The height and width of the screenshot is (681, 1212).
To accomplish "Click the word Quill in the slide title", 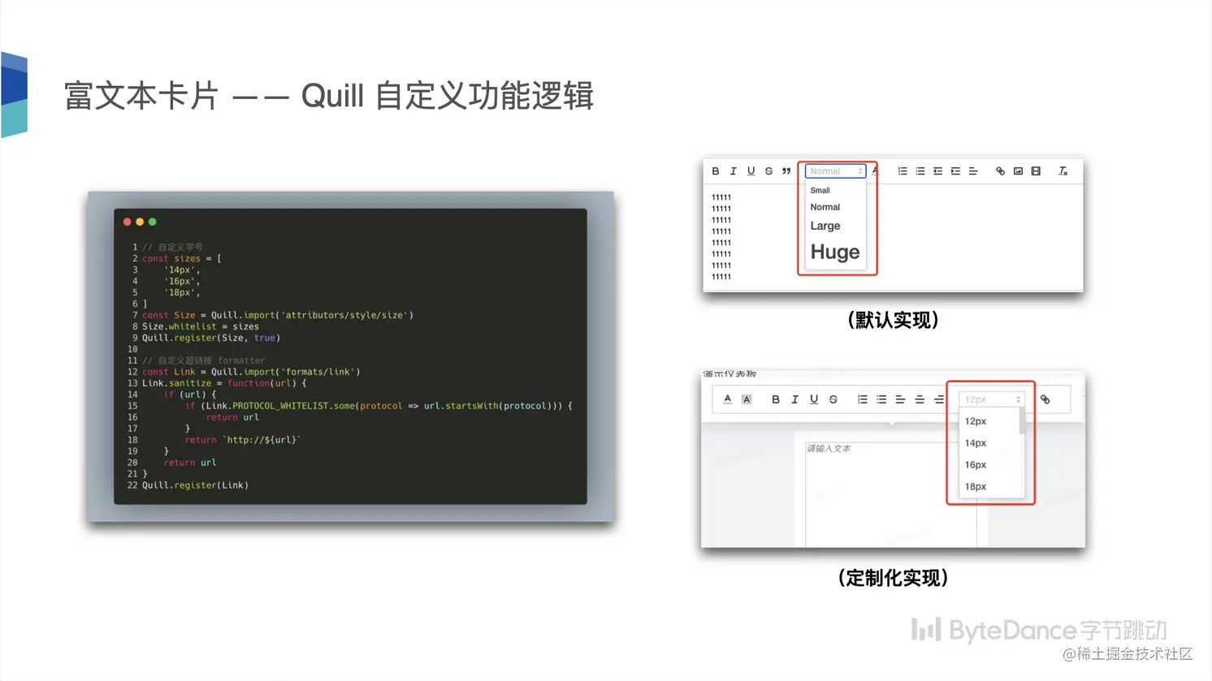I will tap(332, 96).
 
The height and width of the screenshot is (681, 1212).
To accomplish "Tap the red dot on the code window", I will tap(127, 222).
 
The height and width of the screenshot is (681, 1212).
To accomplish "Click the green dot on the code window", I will tap(152, 222).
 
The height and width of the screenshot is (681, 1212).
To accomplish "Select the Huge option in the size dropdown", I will tap(834, 252).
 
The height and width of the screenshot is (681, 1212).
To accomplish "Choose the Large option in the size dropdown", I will tap(825, 226).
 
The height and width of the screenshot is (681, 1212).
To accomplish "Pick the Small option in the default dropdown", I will tap(820, 190).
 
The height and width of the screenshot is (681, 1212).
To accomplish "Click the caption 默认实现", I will tap(893, 320).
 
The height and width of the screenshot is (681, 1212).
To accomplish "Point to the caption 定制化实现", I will tap(893, 578).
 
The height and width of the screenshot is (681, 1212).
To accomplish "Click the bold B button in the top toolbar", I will tap(716, 171).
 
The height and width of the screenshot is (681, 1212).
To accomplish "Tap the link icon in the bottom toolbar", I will tap(1045, 399).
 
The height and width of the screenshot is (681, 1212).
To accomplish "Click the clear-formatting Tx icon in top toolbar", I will tap(1063, 171).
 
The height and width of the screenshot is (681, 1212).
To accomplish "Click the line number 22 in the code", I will tap(132, 485).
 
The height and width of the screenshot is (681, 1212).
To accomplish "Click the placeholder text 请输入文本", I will tap(829, 448).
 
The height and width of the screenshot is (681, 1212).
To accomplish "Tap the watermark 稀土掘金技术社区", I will tap(1134, 653).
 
